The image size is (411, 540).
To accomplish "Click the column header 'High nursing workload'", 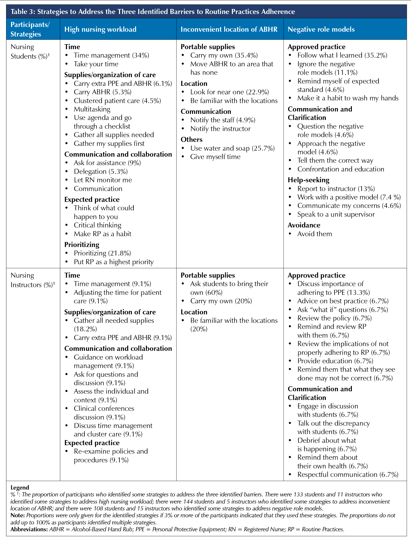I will [x=100, y=29].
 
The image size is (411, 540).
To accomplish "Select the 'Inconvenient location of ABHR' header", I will [x=229, y=29].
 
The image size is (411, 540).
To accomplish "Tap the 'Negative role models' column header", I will [x=321, y=29].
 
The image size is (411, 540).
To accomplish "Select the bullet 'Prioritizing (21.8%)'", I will [x=102, y=253].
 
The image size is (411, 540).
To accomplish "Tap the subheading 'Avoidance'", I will [x=304, y=225].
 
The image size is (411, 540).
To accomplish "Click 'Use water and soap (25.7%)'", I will [x=232, y=148].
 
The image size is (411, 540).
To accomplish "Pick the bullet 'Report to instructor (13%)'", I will [x=336, y=189].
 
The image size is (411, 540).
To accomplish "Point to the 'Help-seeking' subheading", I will [x=308, y=180].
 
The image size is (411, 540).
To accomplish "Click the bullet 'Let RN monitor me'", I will [x=103, y=180].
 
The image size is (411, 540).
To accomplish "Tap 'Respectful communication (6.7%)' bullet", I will [x=348, y=474].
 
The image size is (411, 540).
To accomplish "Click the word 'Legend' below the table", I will [x=20, y=487].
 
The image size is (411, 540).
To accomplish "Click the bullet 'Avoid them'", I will [x=314, y=234].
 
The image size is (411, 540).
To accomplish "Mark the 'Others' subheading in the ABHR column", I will [x=192, y=139].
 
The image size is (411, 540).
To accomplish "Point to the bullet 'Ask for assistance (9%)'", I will [x=107, y=163].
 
